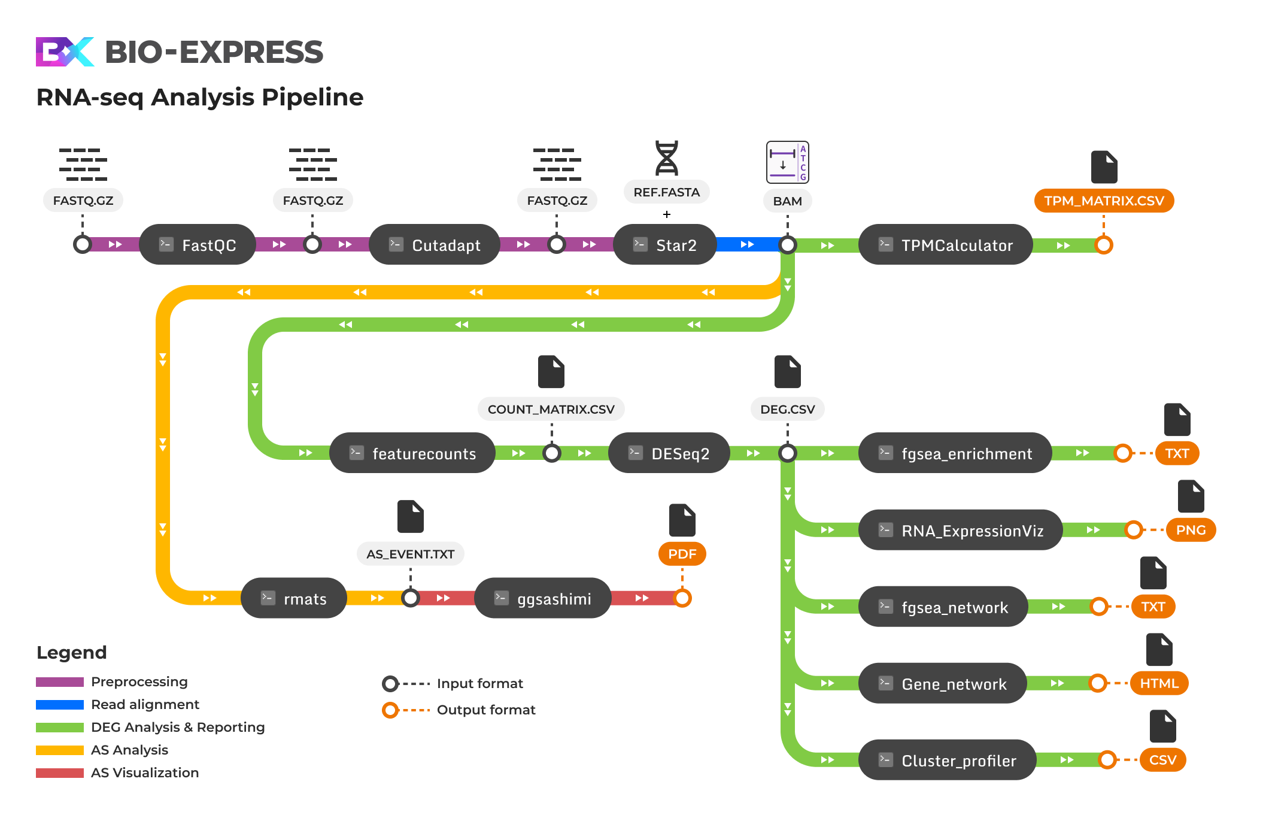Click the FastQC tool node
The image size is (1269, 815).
point(198,245)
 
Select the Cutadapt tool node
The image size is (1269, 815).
point(435,245)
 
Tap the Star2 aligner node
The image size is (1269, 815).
point(665,245)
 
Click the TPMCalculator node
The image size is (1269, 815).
point(945,245)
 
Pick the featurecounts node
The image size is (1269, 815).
point(412,453)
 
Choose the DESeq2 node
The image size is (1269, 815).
point(669,453)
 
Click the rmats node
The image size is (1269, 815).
point(294,598)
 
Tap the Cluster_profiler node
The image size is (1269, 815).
point(947,761)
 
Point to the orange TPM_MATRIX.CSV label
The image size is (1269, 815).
point(1104,201)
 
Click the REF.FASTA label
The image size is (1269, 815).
point(666,192)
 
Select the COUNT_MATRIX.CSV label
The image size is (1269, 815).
point(551,410)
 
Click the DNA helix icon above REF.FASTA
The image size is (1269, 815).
point(666,158)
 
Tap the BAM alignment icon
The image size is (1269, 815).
point(787,162)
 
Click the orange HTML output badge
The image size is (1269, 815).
point(1159,683)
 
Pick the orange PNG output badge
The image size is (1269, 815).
point(1191,530)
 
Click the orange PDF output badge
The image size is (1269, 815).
point(682,554)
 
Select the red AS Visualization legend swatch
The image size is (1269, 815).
point(60,773)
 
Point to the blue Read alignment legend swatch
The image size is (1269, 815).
point(60,705)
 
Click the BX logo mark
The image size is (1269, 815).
point(65,52)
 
